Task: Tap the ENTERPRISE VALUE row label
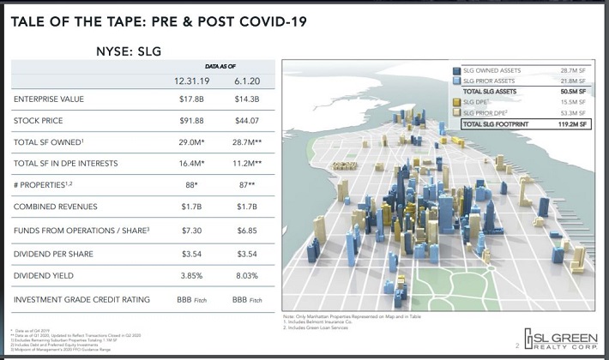[49, 99]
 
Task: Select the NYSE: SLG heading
[128, 51]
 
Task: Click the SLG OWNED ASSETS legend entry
[491, 70]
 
